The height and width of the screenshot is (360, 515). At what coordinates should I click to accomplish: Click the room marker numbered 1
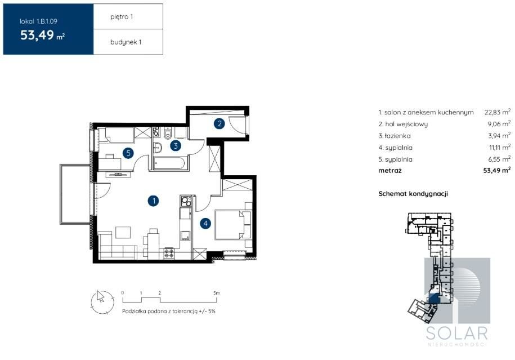pos(154,201)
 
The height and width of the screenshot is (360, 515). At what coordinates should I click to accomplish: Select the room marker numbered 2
pos(220,123)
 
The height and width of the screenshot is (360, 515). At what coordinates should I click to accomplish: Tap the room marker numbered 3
pos(176,146)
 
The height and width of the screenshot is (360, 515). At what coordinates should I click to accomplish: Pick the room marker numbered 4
pos(205,224)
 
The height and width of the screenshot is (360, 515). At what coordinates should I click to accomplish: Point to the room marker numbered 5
pos(128,153)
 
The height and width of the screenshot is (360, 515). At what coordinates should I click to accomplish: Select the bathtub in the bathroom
pos(170,163)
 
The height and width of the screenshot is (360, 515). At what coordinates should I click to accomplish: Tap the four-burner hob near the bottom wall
pos(169,253)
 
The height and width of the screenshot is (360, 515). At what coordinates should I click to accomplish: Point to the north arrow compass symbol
pos(102,302)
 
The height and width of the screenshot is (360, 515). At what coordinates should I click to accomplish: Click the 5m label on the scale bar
pos(217,293)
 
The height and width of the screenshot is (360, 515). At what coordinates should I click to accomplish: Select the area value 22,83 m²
pos(498,112)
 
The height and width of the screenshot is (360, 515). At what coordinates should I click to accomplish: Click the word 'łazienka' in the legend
pos(398,136)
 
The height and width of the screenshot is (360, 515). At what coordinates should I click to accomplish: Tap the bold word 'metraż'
pos(390,171)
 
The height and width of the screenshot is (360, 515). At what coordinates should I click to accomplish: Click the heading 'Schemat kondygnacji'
pos(413,194)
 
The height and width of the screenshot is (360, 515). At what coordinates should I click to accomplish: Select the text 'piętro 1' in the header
pos(122,17)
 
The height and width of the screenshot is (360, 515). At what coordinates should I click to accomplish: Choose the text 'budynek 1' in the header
pos(126,42)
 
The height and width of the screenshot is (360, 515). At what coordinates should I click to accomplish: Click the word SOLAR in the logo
pos(457,334)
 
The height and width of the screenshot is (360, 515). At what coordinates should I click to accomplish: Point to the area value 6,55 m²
pos(499,159)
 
